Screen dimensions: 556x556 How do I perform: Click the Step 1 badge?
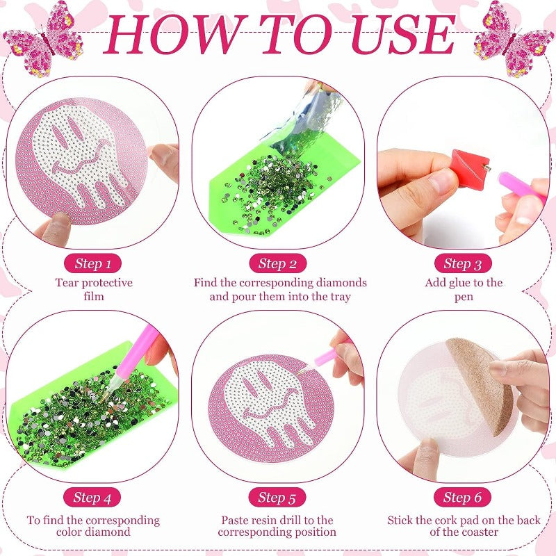93,263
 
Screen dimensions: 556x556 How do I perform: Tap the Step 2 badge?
277,263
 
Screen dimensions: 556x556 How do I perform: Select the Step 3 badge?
463,263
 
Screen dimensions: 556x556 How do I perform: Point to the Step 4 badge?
92,497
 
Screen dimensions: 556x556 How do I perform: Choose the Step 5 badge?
277,497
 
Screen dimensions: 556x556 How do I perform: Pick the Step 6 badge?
462,497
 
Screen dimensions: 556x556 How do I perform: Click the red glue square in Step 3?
470,169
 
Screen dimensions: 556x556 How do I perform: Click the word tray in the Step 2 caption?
340,297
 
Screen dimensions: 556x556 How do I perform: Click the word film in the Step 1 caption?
94,296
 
